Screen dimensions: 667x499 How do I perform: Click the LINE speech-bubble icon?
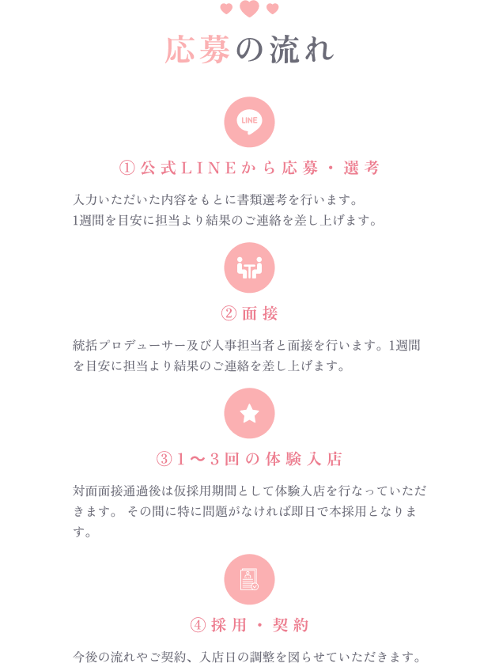[x=249, y=122]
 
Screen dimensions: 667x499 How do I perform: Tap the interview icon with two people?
[x=249, y=267]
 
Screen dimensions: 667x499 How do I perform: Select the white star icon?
[x=249, y=413]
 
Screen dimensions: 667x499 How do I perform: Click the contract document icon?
[x=249, y=579]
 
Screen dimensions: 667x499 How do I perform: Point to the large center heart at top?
[x=249, y=9]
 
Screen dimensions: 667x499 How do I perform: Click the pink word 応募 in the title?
[x=198, y=50]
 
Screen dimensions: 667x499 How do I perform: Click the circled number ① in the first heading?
[x=127, y=168]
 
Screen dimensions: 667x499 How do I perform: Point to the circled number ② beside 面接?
[x=228, y=313]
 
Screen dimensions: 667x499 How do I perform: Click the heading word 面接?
[x=260, y=313]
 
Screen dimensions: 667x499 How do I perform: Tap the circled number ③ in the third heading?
[x=164, y=459]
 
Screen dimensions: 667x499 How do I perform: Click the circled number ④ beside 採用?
[x=198, y=625]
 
